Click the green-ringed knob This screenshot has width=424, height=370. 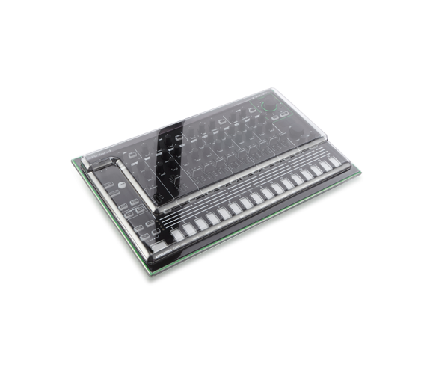click(x=268, y=106)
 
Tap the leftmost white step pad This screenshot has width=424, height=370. click(x=177, y=234)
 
